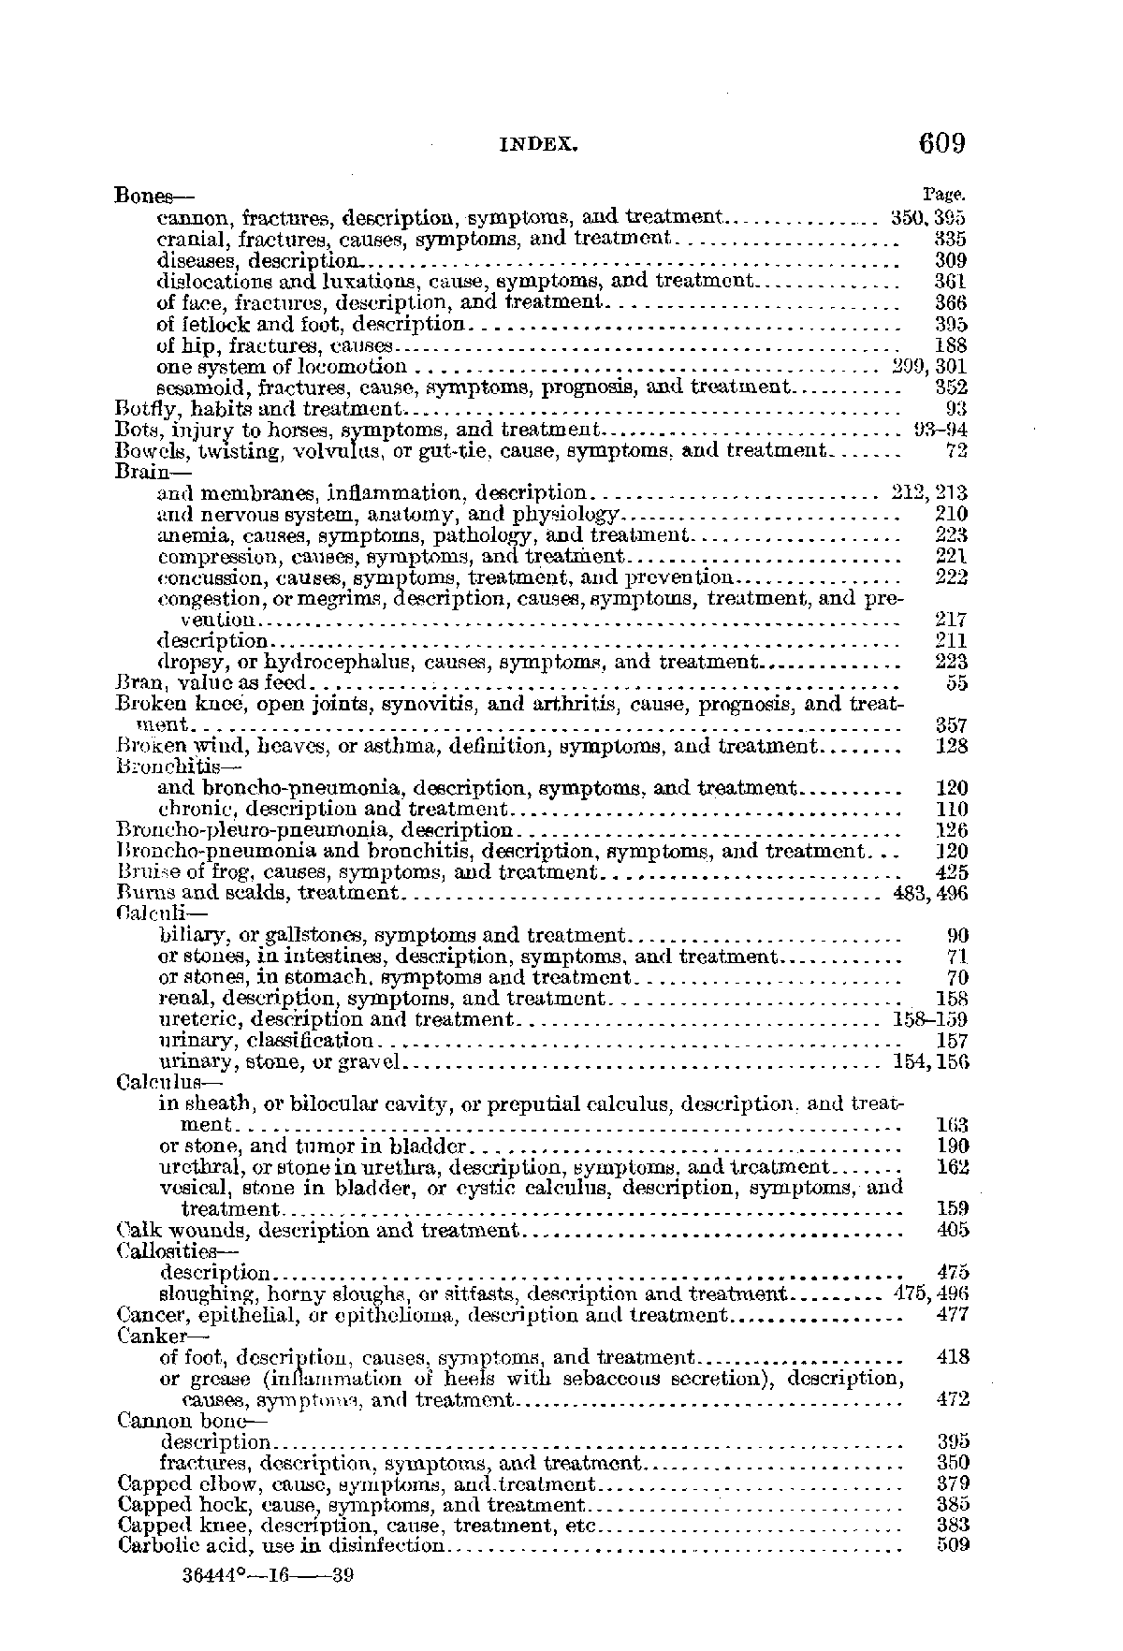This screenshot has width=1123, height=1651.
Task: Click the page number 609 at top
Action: point(941,144)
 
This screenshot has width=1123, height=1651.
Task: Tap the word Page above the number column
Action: point(943,195)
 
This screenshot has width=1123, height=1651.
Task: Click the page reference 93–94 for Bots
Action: point(940,431)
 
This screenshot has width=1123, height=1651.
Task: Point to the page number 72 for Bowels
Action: point(956,451)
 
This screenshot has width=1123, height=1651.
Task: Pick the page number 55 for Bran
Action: point(956,683)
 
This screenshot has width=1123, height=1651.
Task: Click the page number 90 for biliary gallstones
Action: point(957,935)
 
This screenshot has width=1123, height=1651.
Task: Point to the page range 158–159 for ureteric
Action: point(930,1019)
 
